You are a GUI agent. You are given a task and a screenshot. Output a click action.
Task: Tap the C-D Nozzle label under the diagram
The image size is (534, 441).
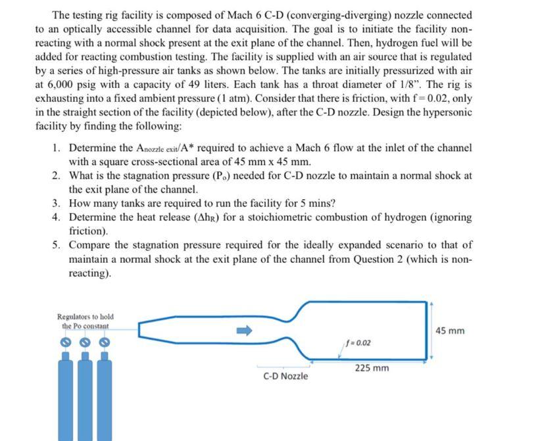point(285,376)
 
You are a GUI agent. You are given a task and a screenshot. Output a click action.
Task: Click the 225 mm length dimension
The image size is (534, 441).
point(372,368)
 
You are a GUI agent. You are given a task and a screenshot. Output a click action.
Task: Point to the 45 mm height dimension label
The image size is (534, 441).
point(450,330)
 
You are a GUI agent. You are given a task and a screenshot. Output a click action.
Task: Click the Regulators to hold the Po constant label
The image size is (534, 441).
point(83,321)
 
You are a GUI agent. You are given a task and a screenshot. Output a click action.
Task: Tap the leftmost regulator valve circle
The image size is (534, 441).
point(64,342)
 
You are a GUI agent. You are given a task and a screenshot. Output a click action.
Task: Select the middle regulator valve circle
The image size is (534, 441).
point(84,342)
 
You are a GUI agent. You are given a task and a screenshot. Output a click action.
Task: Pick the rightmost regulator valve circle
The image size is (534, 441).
point(103,342)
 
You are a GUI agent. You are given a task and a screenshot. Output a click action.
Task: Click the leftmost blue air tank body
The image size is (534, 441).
point(65,401)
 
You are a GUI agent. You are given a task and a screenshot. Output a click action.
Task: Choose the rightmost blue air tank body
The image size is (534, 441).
point(103,401)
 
